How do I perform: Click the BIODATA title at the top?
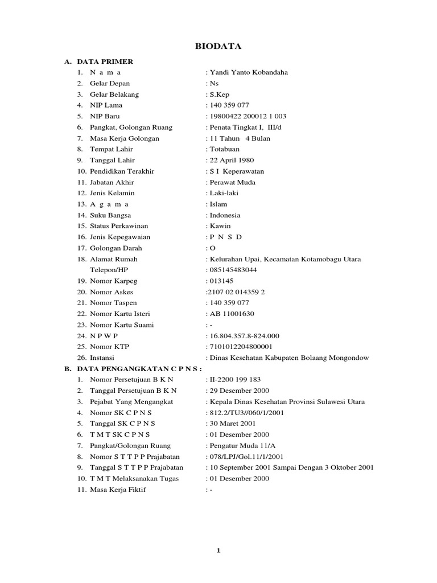tap(218, 47)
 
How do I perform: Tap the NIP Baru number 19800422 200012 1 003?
tap(248, 116)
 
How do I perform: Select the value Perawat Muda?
tap(232, 182)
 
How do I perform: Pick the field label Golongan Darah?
tap(116, 248)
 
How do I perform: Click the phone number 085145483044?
tap(233, 270)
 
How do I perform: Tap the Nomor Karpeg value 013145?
tap(222, 281)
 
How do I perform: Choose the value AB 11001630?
tap(232, 314)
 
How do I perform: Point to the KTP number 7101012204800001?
tap(241, 347)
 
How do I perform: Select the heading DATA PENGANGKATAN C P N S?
tap(140, 368)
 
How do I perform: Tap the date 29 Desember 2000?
tap(240, 391)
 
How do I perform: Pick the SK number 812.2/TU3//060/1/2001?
tap(247, 412)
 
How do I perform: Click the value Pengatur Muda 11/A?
tap(241, 445)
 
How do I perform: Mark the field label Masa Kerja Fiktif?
tap(118, 489)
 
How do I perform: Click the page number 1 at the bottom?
tap(218, 551)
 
